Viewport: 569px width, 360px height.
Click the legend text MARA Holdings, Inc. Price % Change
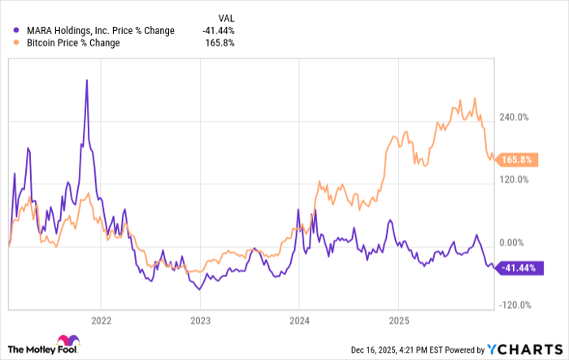pyautogui.click(x=99, y=31)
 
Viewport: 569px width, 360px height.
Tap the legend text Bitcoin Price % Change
pyautogui.click(x=72, y=43)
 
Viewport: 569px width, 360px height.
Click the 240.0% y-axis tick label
pyautogui.click(x=515, y=117)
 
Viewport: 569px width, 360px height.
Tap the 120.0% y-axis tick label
pyautogui.click(x=515, y=180)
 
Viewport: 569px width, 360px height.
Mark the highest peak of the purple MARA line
pyautogui.click(x=87, y=80)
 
